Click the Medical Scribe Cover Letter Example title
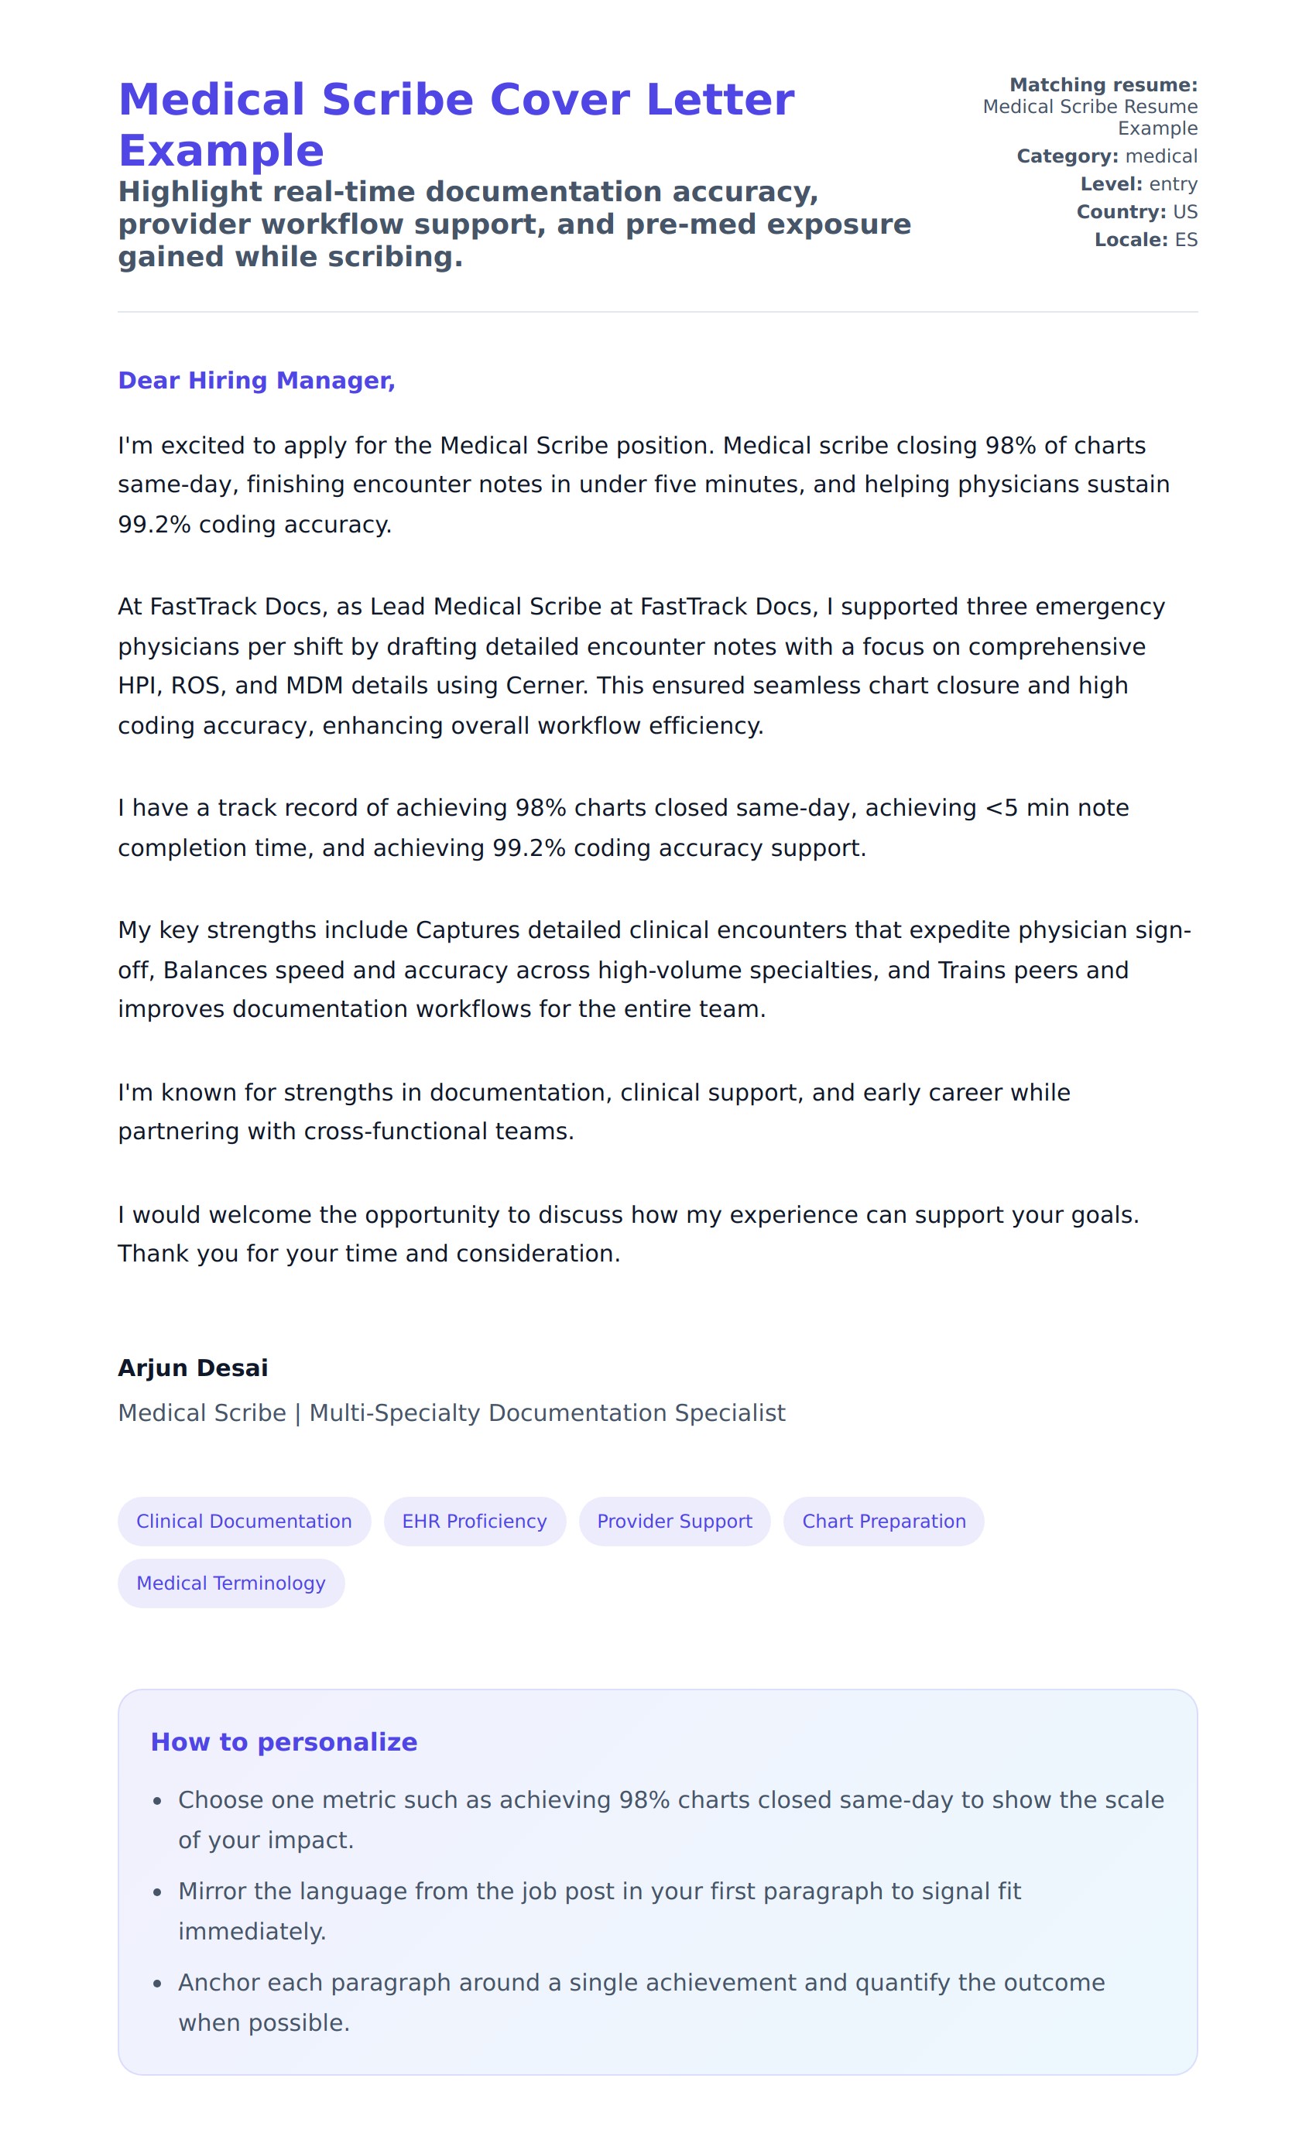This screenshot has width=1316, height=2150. pyautogui.click(x=455, y=124)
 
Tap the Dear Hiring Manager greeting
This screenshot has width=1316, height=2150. pyautogui.click(x=255, y=381)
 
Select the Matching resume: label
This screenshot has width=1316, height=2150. pyautogui.click(x=1103, y=84)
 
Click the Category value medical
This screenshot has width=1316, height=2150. pyautogui.click(x=1160, y=156)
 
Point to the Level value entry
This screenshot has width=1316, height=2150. pyautogui.click(x=1173, y=184)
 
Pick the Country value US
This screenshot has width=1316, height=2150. pyautogui.click(x=1184, y=212)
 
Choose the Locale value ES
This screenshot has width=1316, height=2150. pyautogui.click(x=1185, y=240)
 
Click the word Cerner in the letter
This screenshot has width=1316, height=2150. pyautogui.click(x=547, y=686)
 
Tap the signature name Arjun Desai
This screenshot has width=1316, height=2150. pyautogui.click(x=193, y=1368)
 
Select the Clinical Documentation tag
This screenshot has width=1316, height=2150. pyautogui.click(x=244, y=1521)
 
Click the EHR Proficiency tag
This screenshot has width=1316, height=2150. pyautogui.click(x=474, y=1521)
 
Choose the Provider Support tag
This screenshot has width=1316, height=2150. pyautogui.click(x=673, y=1521)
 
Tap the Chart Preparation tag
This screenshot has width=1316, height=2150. pyautogui.click(x=883, y=1521)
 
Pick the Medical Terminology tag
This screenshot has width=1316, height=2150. pyautogui.click(x=231, y=1583)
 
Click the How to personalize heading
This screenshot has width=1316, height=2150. pyautogui.click(x=283, y=1741)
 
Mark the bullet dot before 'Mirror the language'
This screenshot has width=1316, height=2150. pyautogui.click(x=157, y=1892)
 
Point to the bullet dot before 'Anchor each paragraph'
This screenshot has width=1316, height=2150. pyautogui.click(x=157, y=1984)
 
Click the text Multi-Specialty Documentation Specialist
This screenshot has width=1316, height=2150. pyautogui.click(x=547, y=1412)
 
